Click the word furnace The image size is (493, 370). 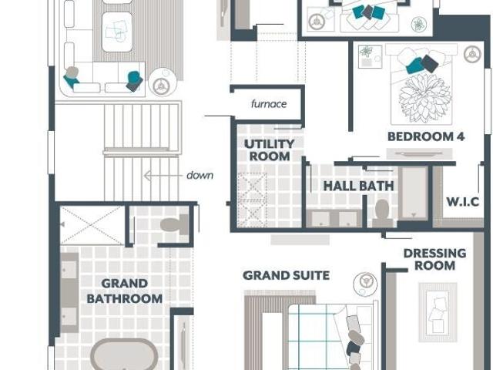coord(269,104)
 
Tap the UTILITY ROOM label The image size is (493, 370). coord(269,150)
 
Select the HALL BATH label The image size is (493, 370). coord(358,186)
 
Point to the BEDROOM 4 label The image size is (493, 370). coord(426,136)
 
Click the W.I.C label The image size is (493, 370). coord(463,202)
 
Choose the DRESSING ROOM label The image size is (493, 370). coord(434,259)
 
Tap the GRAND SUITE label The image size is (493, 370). coord(286,276)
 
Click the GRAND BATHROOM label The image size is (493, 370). coord(125,291)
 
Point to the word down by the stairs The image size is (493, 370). coord(200,175)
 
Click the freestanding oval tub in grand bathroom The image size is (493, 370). coord(124,355)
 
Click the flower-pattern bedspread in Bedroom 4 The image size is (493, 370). coord(424,98)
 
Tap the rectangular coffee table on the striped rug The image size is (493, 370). coord(117,32)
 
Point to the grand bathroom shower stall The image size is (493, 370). coord(92,225)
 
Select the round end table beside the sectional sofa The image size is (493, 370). coord(163,82)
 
